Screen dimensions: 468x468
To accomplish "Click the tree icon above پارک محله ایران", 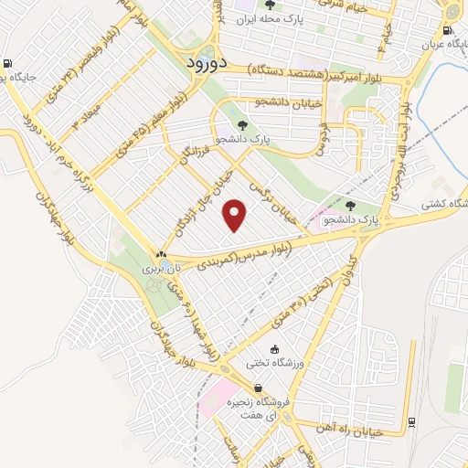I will (280, 4).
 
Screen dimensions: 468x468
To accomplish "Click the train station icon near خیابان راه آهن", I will (411, 421).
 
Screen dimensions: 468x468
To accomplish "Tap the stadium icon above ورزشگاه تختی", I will (273, 348).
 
